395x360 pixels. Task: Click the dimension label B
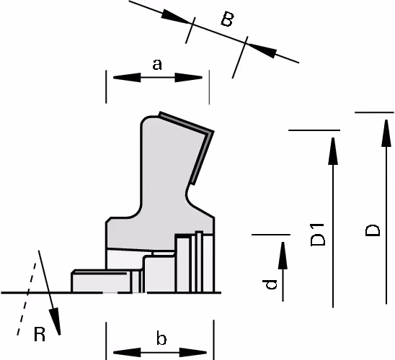[x=227, y=19]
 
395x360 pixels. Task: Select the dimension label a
[x=157, y=64]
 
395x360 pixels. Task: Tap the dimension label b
[x=161, y=338]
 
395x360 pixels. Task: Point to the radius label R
[x=40, y=334]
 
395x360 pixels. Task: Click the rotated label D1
[x=318, y=235]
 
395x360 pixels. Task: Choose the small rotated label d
[x=270, y=284]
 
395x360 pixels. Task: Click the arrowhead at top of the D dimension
[x=386, y=132]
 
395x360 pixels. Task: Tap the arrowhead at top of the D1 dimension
[x=333, y=151]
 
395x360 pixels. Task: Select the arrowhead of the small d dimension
[x=283, y=256]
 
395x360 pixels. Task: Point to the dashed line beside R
[x=27, y=299]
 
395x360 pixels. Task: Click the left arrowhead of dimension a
[x=127, y=78]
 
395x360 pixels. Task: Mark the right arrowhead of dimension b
[x=193, y=353]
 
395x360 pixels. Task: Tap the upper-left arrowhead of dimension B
[x=175, y=17]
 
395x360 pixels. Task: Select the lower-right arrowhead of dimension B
[x=262, y=51]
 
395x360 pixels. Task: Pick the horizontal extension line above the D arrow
[x=374, y=112]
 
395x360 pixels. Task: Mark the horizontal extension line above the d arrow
[x=271, y=235]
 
